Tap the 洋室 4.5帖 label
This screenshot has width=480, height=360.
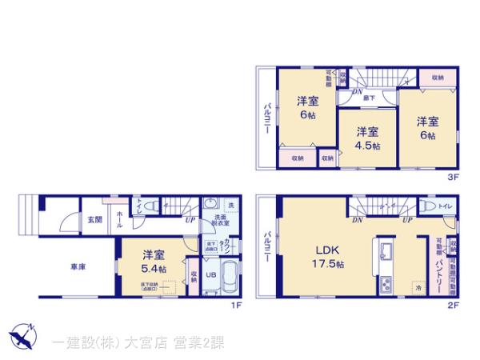(x=367, y=138)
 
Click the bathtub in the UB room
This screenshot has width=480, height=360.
(x=228, y=278)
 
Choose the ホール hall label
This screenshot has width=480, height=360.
(x=119, y=218)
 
